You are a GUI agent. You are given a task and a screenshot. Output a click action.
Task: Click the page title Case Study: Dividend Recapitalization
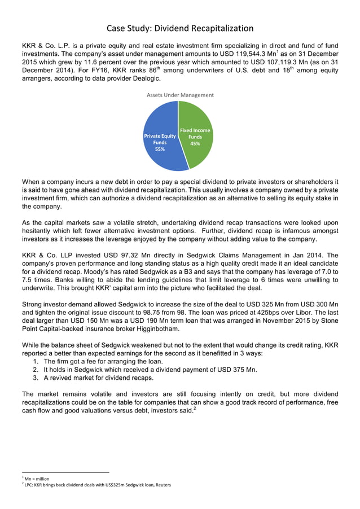click(180, 28)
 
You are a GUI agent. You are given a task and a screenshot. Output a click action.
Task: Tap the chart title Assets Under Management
click(180, 95)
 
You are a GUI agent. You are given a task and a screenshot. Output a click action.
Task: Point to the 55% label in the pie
click(160, 149)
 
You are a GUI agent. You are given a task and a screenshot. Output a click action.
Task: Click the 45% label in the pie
click(195, 143)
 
